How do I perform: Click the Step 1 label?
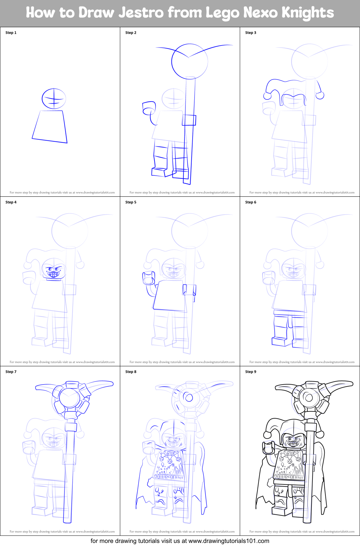tap(11, 33)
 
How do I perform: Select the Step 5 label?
tap(131, 202)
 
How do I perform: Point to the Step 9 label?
tap(251, 372)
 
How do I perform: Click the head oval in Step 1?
tap(54, 99)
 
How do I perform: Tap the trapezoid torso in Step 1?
tap(50, 126)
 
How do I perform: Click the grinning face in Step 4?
tap(54, 270)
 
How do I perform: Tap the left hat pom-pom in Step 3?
tap(267, 96)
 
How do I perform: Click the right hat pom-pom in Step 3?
tap(320, 95)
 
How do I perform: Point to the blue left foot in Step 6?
tap(279, 341)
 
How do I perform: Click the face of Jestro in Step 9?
tap(293, 441)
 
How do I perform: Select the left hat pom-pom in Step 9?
tap(267, 435)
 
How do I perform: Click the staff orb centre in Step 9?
tap(309, 397)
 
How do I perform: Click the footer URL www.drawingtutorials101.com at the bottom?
tap(229, 541)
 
